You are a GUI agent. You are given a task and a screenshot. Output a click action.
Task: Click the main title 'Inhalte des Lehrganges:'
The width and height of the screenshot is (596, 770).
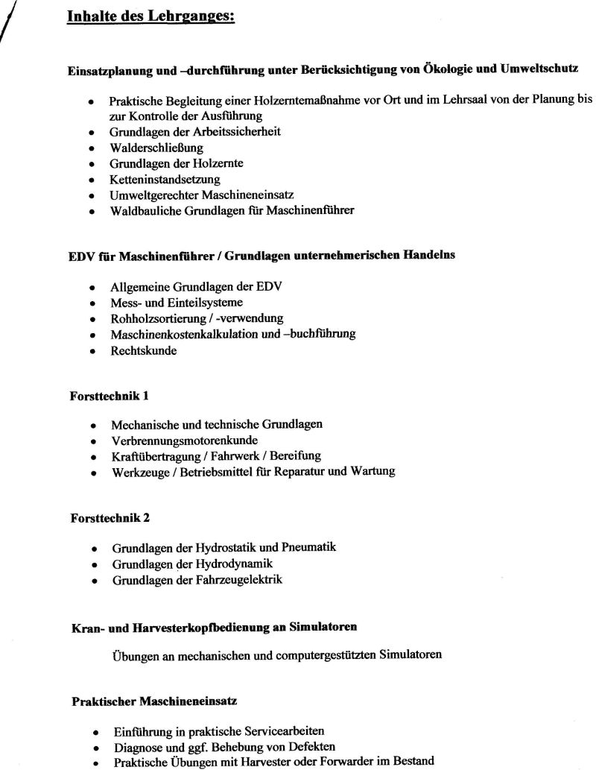[x=150, y=16]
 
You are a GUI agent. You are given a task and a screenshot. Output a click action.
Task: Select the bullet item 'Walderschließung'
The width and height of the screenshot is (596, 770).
[x=146, y=148]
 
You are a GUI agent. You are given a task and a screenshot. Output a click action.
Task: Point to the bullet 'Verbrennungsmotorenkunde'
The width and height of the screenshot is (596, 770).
[x=186, y=440]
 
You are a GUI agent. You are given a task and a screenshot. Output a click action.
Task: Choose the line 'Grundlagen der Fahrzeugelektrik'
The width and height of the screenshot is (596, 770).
[x=197, y=579]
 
